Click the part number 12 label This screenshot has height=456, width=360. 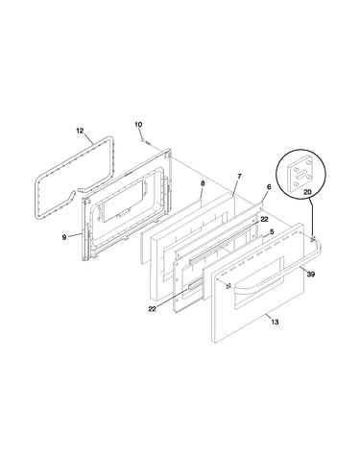[x=80, y=131]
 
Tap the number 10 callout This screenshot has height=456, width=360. [x=138, y=125]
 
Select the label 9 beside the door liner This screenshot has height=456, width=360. [x=64, y=237]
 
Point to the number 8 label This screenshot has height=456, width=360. [x=203, y=183]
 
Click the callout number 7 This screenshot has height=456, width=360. [x=239, y=177]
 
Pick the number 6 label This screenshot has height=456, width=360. [x=269, y=187]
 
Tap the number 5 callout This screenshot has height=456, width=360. [x=272, y=231]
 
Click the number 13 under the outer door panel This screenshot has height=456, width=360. [x=275, y=322]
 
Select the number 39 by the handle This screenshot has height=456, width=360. [x=311, y=274]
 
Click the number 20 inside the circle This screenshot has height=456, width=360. [x=307, y=192]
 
